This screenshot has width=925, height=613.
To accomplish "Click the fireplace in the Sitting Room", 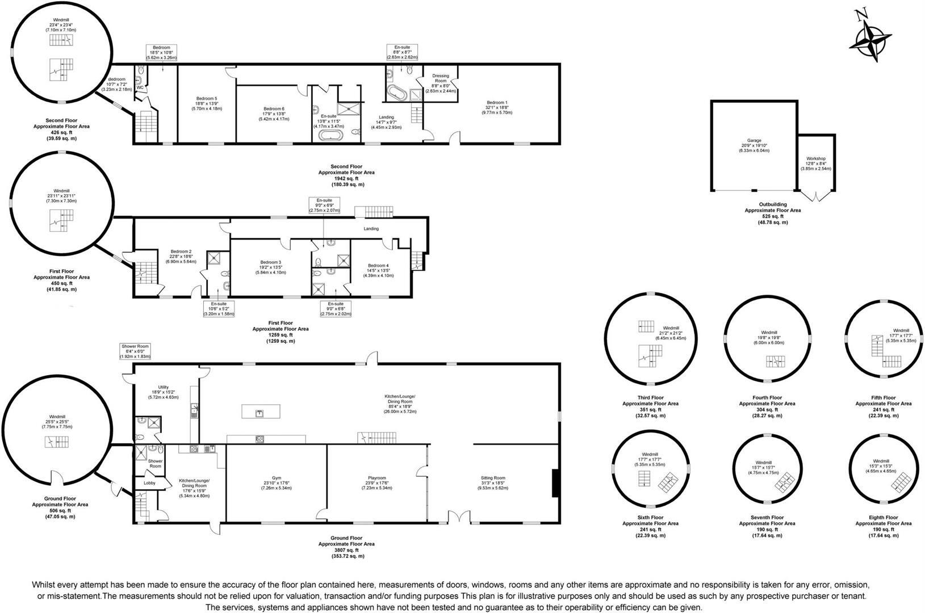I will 556,483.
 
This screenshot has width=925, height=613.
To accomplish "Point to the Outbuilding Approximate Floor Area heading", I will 772,207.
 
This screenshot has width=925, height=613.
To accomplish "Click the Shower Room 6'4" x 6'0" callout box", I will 135,351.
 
